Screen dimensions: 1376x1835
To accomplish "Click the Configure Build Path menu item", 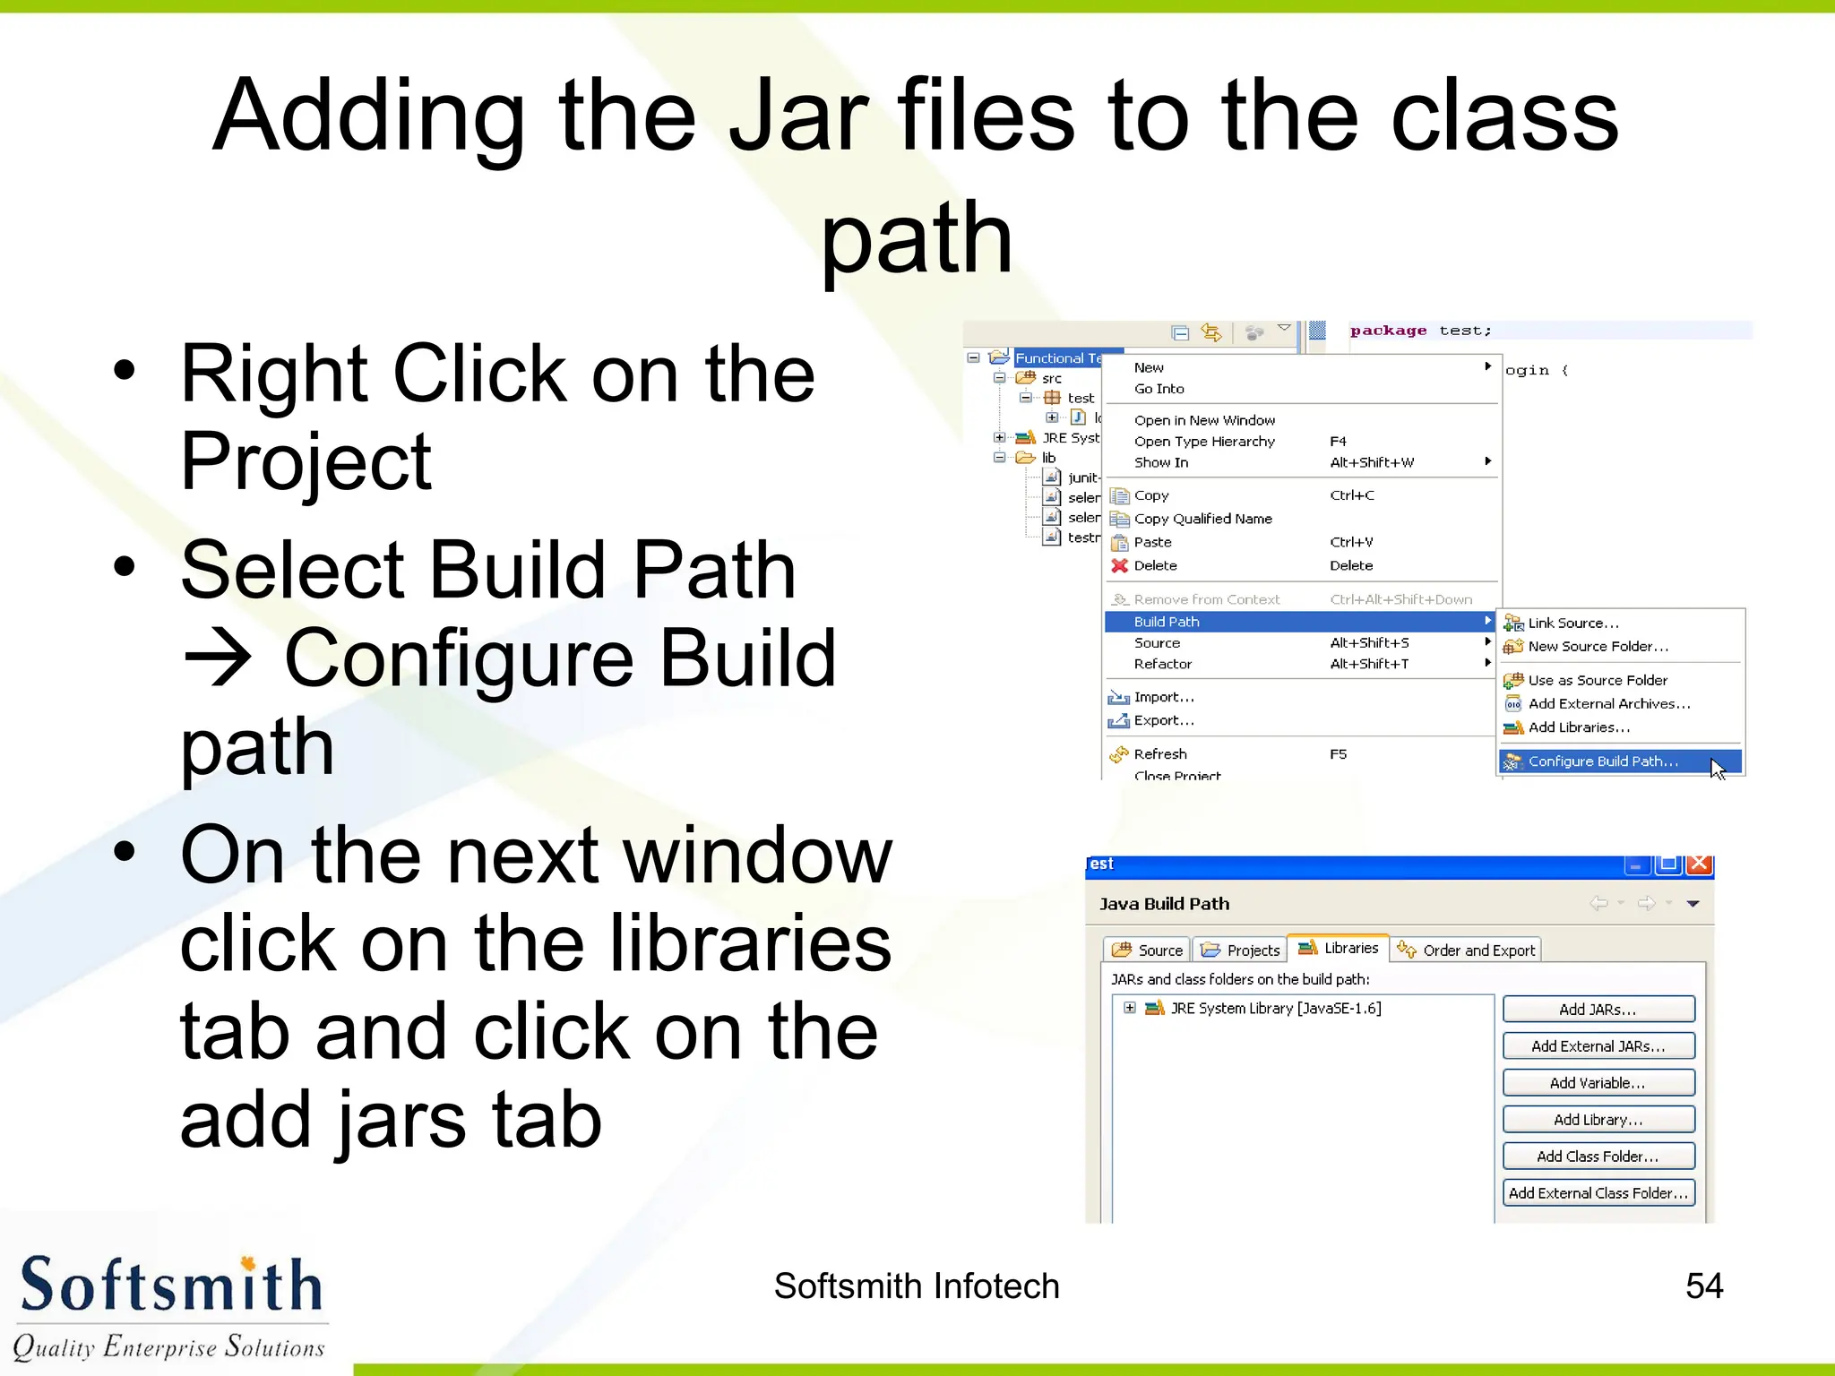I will click(x=1602, y=761).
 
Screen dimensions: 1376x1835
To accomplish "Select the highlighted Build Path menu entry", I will click(x=1166, y=622).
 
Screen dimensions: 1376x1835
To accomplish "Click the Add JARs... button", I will click(x=1598, y=1010).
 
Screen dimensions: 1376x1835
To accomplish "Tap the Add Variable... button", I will click(x=1598, y=1083).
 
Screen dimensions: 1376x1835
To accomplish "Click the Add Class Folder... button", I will click(x=1598, y=1157).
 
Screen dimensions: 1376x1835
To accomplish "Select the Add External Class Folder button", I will click(x=1598, y=1193).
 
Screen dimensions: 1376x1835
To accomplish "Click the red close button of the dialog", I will click(x=1699, y=864).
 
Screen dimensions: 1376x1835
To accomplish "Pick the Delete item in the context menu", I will click(x=1155, y=565).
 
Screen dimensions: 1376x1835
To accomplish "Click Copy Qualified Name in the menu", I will click(x=1202, y=519).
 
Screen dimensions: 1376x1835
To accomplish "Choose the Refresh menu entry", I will click(x=1160, y=754).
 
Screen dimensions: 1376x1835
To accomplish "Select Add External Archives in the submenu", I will click(x=1608, y=704).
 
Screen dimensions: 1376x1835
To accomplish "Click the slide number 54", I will click(x=1703, y=1286).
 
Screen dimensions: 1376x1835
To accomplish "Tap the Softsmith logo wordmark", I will click(x=170, y=1286).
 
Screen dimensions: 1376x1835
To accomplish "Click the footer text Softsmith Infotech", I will click(x=916, y=1286).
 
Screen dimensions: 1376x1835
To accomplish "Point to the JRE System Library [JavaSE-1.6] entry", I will click(x=1275, y=1009).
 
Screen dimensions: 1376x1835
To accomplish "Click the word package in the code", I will click(x=1388, y=331).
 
